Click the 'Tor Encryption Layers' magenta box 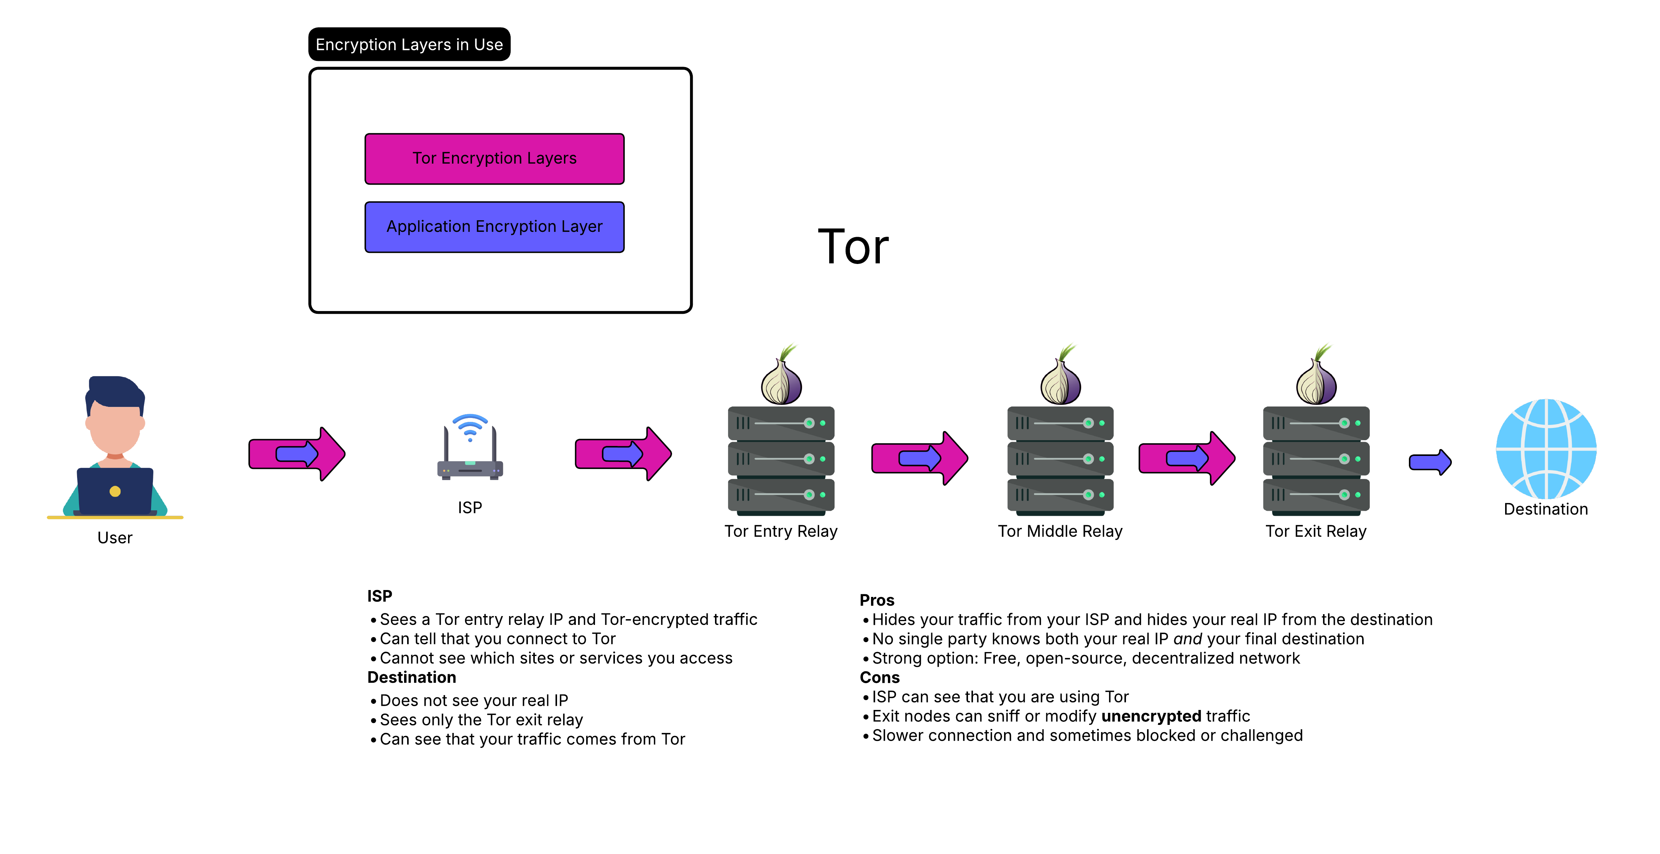point(494,159)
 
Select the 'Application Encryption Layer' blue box point(494,227)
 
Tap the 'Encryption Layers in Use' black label point(409,44)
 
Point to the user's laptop point(115,491)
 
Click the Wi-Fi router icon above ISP point(470,447)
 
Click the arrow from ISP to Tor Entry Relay point(623,454)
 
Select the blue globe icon point(1545,449)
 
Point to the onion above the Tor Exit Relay point(1316,378)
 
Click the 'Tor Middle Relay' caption point(1060,531)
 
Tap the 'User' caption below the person point(115,538)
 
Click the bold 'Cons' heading point(879,677)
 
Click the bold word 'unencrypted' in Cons point(1151,716)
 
